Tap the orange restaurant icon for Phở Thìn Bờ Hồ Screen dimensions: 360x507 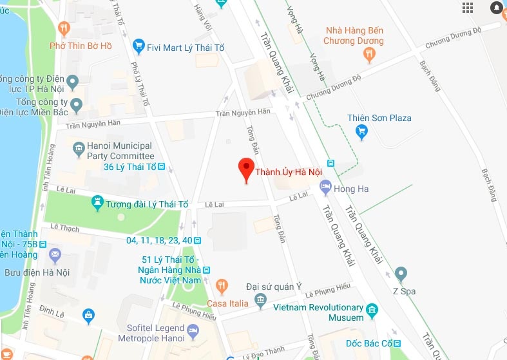tap(63, 28)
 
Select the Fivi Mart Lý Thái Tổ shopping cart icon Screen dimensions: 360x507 tap(138, 46)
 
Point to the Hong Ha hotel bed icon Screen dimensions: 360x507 tap(326, 187)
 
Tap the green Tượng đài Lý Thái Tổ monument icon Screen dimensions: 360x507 tap(97, 204)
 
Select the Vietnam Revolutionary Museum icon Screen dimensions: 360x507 tap(371, 312)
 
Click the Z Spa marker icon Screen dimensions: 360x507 tap(401, 274)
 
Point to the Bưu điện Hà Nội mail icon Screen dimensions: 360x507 tap(55, 254)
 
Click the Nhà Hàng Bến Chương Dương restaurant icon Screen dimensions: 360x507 tap(369, 56)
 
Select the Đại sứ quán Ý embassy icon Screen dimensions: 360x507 tap(260, 299)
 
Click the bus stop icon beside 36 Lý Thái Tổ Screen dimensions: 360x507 tap(162, 167)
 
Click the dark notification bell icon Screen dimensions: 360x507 tap(497, 8)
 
